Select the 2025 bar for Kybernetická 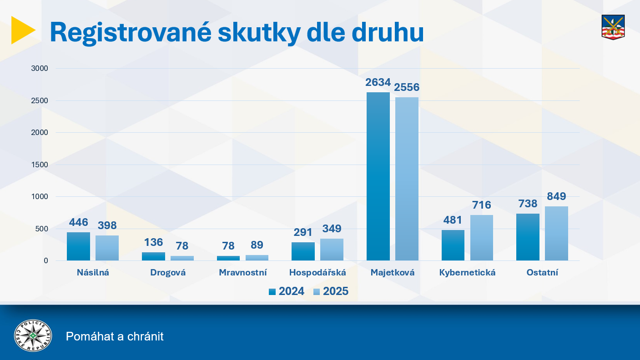482,238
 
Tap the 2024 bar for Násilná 78,246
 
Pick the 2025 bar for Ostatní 556,233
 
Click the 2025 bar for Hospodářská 332,250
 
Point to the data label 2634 378,83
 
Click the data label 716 482,205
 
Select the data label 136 153,242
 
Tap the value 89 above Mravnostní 257,245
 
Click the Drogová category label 168,273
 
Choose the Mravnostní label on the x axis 243,273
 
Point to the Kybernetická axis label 467,273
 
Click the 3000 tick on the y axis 39,69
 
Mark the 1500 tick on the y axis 39,165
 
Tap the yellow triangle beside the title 22,30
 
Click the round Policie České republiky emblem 33,336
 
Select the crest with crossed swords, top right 613,27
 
